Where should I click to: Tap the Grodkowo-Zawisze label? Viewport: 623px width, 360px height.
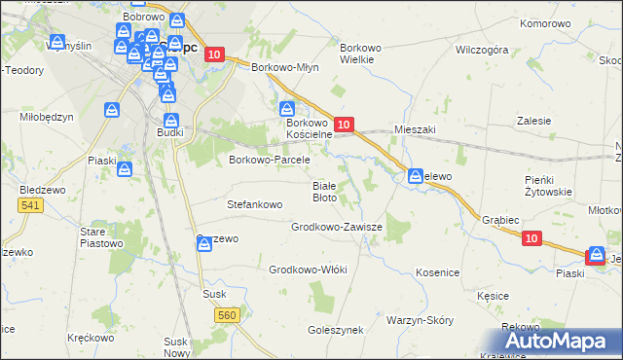[x=337, y=227]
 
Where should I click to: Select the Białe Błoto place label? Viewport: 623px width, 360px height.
[x=324, y=191]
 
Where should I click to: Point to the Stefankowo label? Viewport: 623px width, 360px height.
[x=254, y=205]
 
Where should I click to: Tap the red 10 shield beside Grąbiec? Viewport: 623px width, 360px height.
[x=531, y=237]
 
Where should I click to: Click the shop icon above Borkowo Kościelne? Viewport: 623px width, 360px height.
[x=287, y=108]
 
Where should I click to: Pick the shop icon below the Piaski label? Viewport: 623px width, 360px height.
[x=126, y=170]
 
